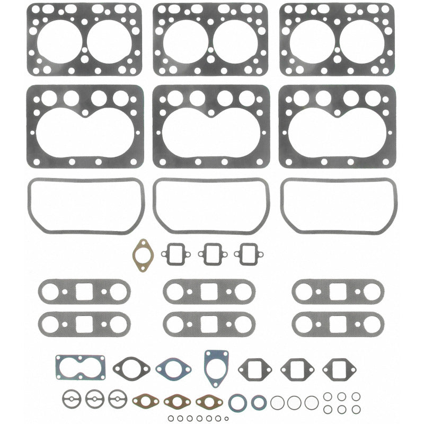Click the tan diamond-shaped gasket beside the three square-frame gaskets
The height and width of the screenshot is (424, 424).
142,255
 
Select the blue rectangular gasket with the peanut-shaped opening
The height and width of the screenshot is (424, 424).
81,367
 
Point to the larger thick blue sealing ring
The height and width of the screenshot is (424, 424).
238,403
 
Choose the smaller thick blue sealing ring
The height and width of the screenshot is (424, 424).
259,403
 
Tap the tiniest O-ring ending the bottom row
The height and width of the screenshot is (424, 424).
227,419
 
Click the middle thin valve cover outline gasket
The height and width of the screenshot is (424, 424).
211,206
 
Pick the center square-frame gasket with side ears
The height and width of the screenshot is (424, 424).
211,253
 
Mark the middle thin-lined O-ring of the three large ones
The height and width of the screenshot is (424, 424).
294,403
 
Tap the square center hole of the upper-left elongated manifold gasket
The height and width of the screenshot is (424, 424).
85,291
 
